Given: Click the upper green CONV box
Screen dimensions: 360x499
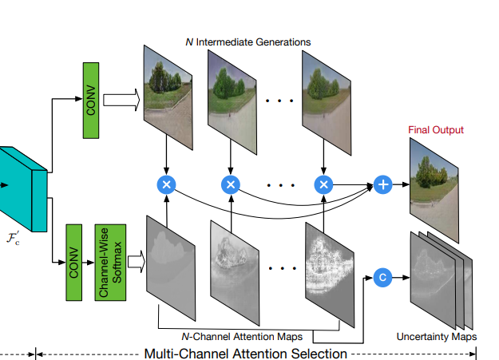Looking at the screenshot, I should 91,101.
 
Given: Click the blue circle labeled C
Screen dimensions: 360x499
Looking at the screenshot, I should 382,278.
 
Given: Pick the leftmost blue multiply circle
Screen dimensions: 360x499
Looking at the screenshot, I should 167,184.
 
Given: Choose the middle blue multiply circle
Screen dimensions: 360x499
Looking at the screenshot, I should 231,184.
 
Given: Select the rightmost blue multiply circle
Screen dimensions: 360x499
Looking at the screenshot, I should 323,184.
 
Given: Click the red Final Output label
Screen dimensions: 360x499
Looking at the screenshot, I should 436,129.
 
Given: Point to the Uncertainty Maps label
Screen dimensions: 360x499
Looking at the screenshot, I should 437,337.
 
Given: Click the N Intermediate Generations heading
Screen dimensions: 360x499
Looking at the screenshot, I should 248,42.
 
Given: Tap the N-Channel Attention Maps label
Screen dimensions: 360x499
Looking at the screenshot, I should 249,337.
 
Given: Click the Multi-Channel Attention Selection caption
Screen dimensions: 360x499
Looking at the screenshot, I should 245,353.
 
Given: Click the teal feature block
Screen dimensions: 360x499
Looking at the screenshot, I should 20,188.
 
